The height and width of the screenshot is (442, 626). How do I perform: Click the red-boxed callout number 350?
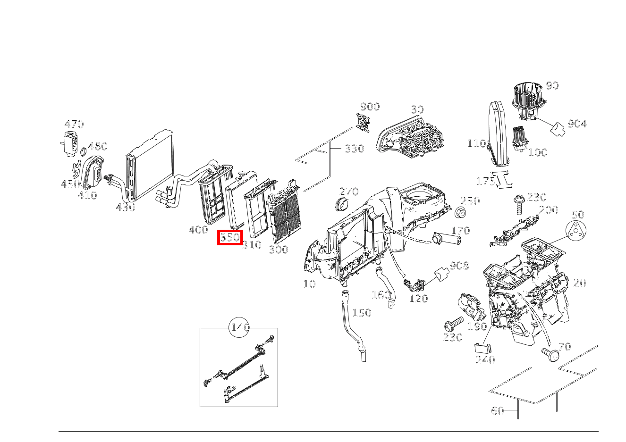[x=230, y=237]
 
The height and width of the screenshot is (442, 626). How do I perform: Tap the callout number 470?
[x=74, y=124]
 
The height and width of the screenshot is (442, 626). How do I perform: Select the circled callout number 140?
[x=240, y=327]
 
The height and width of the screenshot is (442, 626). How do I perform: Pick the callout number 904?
[x=577, y=124]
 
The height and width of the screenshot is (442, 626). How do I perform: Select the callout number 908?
[x=459, y=266]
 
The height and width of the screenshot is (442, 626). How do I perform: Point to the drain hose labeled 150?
[x=351, y=325]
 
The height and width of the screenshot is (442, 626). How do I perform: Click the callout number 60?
[x=498, y=411]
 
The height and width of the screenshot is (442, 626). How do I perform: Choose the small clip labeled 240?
[x=482, y=348]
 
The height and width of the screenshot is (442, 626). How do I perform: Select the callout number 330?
[x=354, y=149]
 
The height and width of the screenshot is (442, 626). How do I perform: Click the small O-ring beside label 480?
[x=83, y=152]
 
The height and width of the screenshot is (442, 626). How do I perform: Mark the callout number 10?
[x=309, y=284]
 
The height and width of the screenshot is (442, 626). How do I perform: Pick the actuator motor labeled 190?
[x=470, y=307]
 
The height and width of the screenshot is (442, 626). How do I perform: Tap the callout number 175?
[x=486, y=181]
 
